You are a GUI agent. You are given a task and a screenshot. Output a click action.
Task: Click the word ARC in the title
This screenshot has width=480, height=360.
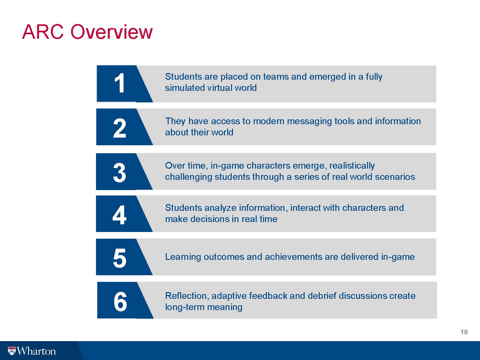click(43, 32)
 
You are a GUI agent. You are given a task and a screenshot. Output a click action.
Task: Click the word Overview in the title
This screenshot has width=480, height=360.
click(112, 32)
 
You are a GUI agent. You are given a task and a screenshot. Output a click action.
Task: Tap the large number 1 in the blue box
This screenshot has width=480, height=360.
click(120, 83)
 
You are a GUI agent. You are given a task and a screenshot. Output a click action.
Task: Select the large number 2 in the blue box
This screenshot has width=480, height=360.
click(120, 128)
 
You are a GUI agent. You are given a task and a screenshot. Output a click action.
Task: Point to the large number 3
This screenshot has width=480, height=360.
click(120, 173)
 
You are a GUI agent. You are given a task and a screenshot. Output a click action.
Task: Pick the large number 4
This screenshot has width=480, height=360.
click(119, 215)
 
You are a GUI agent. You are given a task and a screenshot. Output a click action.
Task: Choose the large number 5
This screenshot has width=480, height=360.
click(120, 258)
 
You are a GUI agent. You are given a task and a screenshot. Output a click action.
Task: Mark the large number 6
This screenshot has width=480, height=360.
click(120, 301)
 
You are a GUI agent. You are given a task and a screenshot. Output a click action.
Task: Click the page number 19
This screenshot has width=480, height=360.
click(464, 332)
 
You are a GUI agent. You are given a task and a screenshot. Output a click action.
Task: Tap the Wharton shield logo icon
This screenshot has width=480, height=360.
click(12, 351)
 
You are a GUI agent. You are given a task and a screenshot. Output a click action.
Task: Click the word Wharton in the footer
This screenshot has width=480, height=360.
click(36, 351)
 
